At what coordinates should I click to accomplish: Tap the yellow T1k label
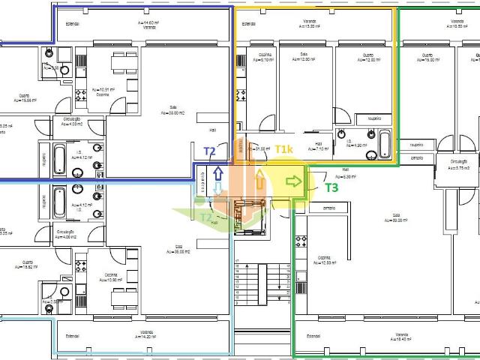click(284, 150)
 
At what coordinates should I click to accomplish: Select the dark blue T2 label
click(211, 151)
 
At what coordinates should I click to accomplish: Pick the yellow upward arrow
click(260, 180)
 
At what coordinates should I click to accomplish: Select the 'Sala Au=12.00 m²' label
click(304, 58)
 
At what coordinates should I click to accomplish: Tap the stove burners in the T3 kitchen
click(302, 241)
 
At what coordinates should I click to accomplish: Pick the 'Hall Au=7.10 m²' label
click(318, 145)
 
